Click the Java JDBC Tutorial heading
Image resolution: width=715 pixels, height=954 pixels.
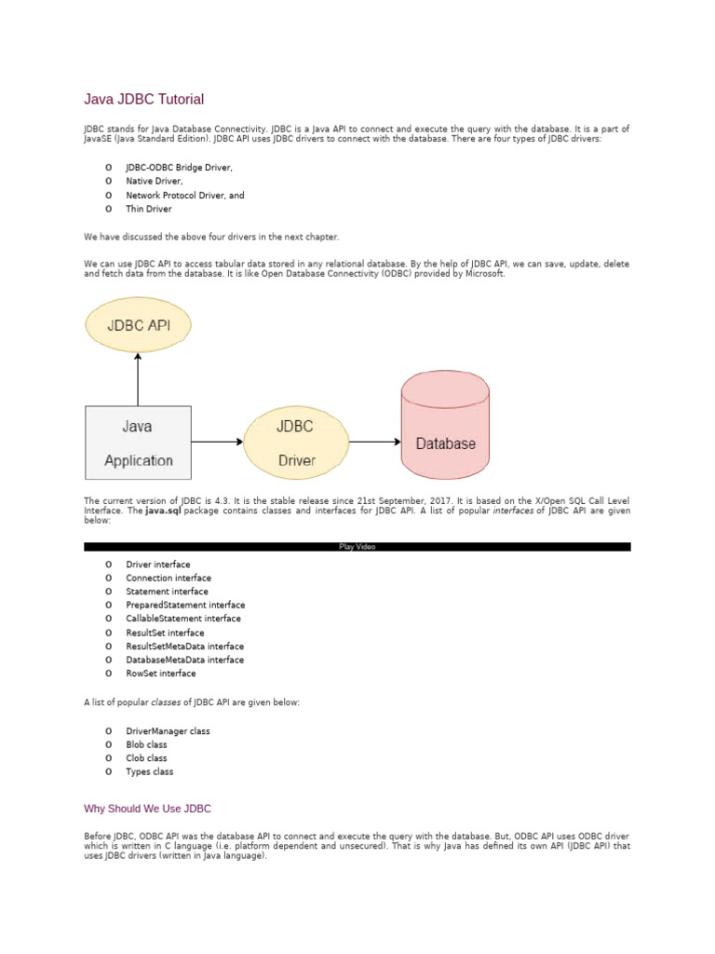pos(143,99)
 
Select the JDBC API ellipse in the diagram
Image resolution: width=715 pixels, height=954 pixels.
pos(138,325)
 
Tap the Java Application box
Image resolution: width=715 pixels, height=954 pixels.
pos(138,443)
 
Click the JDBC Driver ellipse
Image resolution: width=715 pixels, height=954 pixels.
pos(296,443)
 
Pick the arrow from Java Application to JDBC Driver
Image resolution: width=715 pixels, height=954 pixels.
pos(218,443)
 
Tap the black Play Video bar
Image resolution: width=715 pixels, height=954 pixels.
pos(357,547)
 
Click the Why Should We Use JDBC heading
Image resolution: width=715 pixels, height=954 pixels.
pos(154,809)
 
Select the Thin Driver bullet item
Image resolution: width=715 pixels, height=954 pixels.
pos(149,209)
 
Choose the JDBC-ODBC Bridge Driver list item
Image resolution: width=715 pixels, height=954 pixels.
pos(179,168)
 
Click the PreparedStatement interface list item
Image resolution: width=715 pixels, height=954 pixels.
pos(185,605)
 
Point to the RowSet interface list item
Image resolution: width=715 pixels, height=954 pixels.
pos(161,673)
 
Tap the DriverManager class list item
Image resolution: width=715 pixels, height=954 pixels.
pos(168,731)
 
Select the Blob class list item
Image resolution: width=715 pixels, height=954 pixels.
pos(147,744)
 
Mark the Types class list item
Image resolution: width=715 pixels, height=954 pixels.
pos(150,771)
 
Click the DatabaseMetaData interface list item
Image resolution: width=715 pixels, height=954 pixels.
pos(185,660)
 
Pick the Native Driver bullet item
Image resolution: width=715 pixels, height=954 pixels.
pos(155,182)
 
